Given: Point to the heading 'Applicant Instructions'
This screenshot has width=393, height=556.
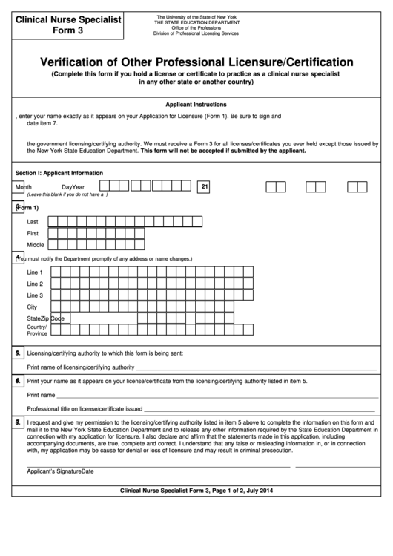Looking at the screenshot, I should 196,105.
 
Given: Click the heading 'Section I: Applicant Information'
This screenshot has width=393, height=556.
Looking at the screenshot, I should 59,172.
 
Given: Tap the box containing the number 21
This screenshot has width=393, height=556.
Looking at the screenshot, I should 205,187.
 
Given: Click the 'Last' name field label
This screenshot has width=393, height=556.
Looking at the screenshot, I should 33,221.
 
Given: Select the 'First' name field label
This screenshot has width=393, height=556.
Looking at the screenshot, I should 33,233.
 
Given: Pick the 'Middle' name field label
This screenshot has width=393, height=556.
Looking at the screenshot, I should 36,244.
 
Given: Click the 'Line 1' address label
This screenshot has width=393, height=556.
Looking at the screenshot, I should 35,272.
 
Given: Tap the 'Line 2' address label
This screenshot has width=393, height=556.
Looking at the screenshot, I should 35,284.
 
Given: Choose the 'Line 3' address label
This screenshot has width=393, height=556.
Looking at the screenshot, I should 35,295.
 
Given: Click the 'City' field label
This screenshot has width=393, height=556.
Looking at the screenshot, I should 32,307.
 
